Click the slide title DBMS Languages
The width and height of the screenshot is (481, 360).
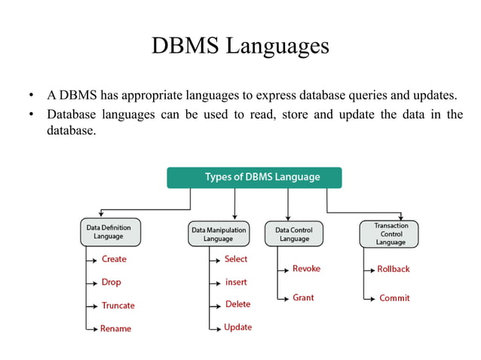pyautogui.click(x=240, y=46)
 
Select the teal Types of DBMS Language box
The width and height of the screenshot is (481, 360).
pyautogui.click(x=254, y=178)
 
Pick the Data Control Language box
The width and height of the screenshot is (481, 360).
pyautogui.click(x=294, y=233)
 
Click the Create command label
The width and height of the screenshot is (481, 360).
pyautogui.click(x=114, y=259)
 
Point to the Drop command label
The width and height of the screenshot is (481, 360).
pyautogui.click(x=111, y=282)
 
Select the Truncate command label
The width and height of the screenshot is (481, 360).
pyautogui.click(x=118, y=306)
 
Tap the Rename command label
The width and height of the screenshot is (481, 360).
pyautogui.click(x=115, y=329)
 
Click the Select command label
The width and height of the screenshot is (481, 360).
pyautogui.click(x=236, y=259)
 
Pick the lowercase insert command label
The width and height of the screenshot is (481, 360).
pyautogui.click(x=236, y=282)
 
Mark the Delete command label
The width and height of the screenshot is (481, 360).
pyautogui.click(x=237, y=305)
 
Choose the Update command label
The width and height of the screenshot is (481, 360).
pyautogui.click(x=237, y=328)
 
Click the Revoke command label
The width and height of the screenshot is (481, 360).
pyautogui.click(x=306, y=269)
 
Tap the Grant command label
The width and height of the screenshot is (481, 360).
pyautogui.click(x=303, y=298)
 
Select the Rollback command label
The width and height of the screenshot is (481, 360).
pyautogui.click(x=394, y=269)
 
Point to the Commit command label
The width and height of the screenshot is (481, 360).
pyautogui.click(x=394, y=298)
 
